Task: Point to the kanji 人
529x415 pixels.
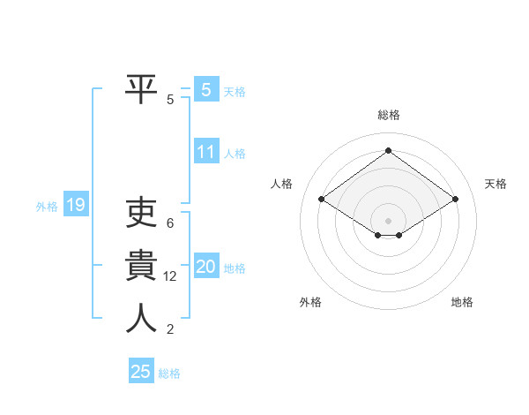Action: [x=141, y=318]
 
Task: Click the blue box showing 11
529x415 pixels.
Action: [x=205, y=152]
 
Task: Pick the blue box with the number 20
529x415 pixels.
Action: [x=205, y=267]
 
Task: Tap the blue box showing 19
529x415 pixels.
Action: [x=75, y=206]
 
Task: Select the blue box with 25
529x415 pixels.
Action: [x=141, y=372]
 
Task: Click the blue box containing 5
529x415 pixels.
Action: [x=205, y=89]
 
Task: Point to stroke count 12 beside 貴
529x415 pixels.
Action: [x=170, y=276]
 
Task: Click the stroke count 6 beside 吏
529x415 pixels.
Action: [x=170, y=223]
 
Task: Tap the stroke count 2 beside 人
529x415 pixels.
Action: [x=170, y=329]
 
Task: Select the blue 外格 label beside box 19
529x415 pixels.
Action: [x=47, y=207]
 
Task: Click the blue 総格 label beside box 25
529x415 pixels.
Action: [x=169, y=373]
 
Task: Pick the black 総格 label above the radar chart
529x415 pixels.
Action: [x=388, y=115]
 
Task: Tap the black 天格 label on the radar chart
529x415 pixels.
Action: [x=495, y=184]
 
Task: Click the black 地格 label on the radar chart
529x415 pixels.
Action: [x=462, y=302]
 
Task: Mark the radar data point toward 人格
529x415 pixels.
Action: [x=322, y=200]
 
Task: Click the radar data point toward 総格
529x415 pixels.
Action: [x=388, y=151]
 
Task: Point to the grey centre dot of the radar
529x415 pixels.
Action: [x=388, y=220]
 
